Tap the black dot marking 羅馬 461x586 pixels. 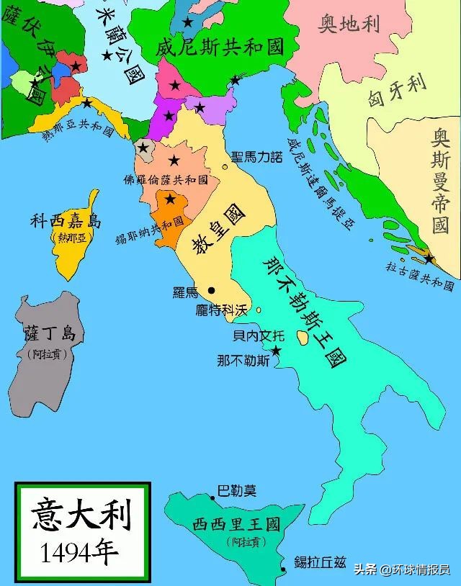[x=212, y=290]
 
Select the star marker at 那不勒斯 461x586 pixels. [x=275, y=350]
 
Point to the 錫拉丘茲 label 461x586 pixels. [x=326, y=562]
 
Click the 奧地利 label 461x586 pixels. [x=349, y=25]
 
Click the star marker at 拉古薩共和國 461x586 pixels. [x=429, y=257]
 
